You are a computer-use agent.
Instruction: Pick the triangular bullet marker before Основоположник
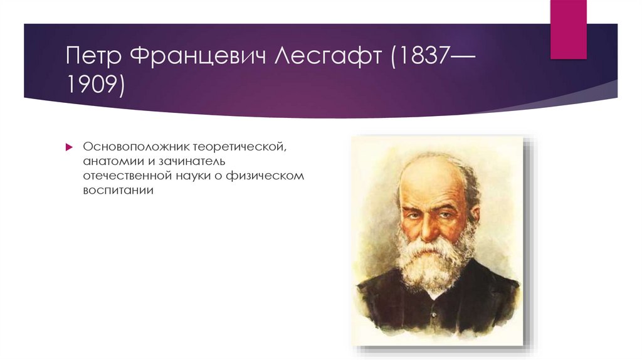(x=70, y=146)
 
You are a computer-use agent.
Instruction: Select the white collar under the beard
(x=433, y=293)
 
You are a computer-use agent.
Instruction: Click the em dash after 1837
(x=461, y=57)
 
